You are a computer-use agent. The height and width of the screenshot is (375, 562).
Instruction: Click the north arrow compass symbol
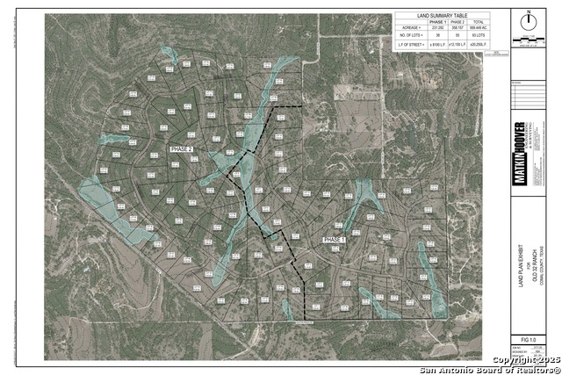529,19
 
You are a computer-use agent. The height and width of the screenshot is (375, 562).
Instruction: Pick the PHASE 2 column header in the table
458,22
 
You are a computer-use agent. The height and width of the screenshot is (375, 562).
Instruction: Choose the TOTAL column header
480,22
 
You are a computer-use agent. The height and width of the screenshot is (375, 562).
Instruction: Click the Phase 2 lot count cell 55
458,35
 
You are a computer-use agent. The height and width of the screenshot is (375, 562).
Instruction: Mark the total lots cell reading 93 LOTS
480,35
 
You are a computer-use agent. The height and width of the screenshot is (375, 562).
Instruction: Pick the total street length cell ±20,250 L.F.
480,42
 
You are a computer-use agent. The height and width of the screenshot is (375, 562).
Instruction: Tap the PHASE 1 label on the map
335,239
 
